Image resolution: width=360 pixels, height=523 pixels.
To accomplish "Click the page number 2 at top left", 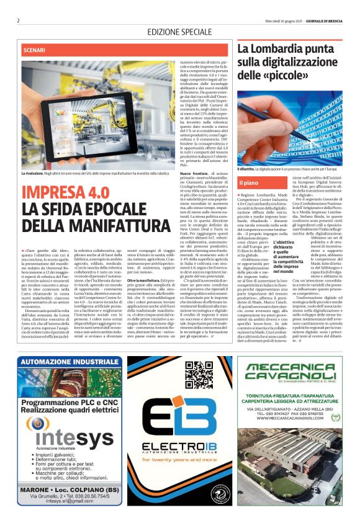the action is click(19, 20).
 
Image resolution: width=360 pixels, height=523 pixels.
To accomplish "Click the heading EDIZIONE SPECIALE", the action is click(179, 32).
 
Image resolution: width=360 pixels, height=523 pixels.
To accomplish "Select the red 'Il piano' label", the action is click(249, 165).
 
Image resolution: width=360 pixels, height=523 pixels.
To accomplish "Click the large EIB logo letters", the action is click(180, 428).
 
